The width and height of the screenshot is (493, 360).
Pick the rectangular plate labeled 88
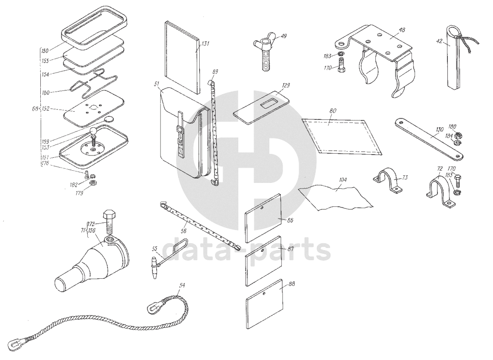pyautogui.click(x=264, y=302)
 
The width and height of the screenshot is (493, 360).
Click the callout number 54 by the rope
pyautogui.click(x=182, y=285)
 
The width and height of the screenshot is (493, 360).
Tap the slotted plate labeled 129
pyautogui.click(x=262, y=106)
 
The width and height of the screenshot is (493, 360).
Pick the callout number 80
pyautogui.click(x=332, y=112)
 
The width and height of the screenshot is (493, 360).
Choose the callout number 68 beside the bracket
pyautogui.click(x=36, y=109)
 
